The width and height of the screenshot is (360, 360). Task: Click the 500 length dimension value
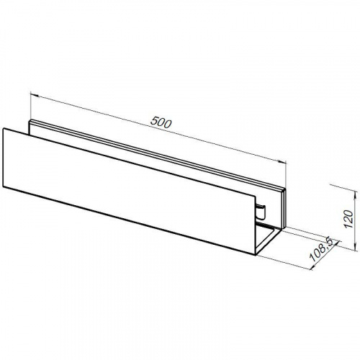coord(161,122)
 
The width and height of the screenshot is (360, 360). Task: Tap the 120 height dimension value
coord(348,219)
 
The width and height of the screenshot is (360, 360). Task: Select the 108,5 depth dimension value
coord(321,249)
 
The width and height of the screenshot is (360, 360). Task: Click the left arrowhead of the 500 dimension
coord(35,95)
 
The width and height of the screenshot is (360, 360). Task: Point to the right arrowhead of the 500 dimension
coord(282,162)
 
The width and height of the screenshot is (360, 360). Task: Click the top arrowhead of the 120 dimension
coord(354,194)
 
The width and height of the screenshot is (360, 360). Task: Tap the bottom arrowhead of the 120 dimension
coord(354,247)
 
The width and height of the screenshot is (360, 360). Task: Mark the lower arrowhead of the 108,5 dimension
coord(312,267)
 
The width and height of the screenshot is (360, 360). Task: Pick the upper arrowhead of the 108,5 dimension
coord(337,243)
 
